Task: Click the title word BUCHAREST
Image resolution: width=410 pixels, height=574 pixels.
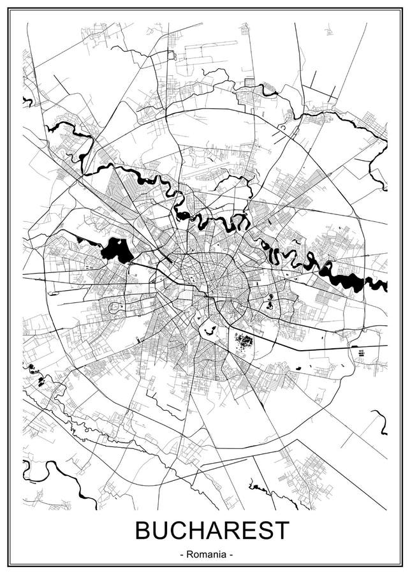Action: pos(212,531)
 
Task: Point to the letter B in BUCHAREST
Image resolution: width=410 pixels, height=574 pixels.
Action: pos(142,531)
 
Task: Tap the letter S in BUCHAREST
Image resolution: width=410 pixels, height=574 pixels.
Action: pos(264,531)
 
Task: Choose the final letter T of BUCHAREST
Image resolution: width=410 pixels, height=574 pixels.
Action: pos(281,531)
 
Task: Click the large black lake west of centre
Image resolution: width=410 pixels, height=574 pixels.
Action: pos(115,250)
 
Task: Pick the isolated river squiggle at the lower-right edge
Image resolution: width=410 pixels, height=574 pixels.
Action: pos(380,422)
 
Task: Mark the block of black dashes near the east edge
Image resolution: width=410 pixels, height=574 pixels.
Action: pos(360,353)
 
